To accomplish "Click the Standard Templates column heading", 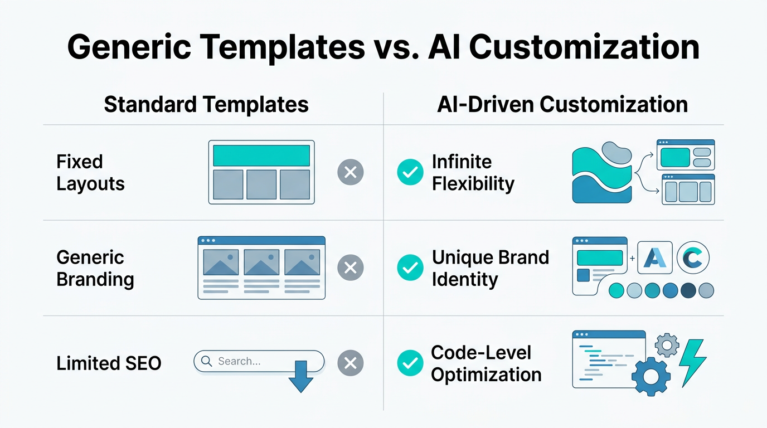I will point(206,105).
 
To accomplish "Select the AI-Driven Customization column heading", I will point(562,105).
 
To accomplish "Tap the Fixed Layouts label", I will point(90,173).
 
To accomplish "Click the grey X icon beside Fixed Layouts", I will point(351,173).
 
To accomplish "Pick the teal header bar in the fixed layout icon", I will point(261,155).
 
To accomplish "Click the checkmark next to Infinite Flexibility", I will point(410,173).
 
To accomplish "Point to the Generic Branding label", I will point(95,268).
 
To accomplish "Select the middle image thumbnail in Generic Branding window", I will point(261,262).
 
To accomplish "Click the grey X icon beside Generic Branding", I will point(351,268).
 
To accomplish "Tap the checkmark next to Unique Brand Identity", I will point(410,268).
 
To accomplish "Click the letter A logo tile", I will point(654,258).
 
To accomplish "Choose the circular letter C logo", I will point(693,258).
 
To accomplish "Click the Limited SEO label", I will point(109,363).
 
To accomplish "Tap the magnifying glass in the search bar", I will point(206,361).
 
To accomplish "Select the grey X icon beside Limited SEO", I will point(351,363).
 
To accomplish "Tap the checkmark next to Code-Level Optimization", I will point(410,363).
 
